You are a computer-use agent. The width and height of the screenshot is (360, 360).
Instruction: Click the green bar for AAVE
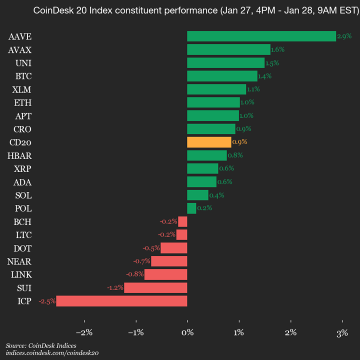pos(261,36)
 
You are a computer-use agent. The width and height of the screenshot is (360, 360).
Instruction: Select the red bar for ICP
pos(121,301)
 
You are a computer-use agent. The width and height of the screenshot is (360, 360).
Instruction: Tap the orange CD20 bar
pos(209,142)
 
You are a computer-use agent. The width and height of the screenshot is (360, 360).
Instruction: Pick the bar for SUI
pos(155,287)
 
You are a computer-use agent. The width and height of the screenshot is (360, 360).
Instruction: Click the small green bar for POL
pos(191,208)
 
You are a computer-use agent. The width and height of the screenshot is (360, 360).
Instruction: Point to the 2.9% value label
pos(344,36)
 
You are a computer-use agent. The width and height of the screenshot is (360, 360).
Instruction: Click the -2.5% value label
pos(47,301)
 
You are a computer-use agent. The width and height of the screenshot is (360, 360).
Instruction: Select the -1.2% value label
pos(115,287)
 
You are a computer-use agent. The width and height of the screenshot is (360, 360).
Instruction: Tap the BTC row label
pos(23,76)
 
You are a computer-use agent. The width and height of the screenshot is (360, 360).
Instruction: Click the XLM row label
pos(22,89)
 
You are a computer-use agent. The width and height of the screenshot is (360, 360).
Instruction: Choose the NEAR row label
pos(20,261)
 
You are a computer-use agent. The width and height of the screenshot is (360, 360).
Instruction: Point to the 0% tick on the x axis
pos(187,332)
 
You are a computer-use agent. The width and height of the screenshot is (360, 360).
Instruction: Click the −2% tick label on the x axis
pos(84,332)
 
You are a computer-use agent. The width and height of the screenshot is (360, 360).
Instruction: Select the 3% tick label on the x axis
pos(342,332)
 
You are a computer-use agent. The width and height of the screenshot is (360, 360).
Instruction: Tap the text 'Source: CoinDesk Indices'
pos(41,345)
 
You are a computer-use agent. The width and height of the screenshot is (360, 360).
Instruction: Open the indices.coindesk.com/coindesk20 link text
pos(52,353)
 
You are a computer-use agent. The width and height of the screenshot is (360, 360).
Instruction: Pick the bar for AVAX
pos(228,49)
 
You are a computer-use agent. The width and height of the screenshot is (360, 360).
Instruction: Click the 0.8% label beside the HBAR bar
pos(235,155)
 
